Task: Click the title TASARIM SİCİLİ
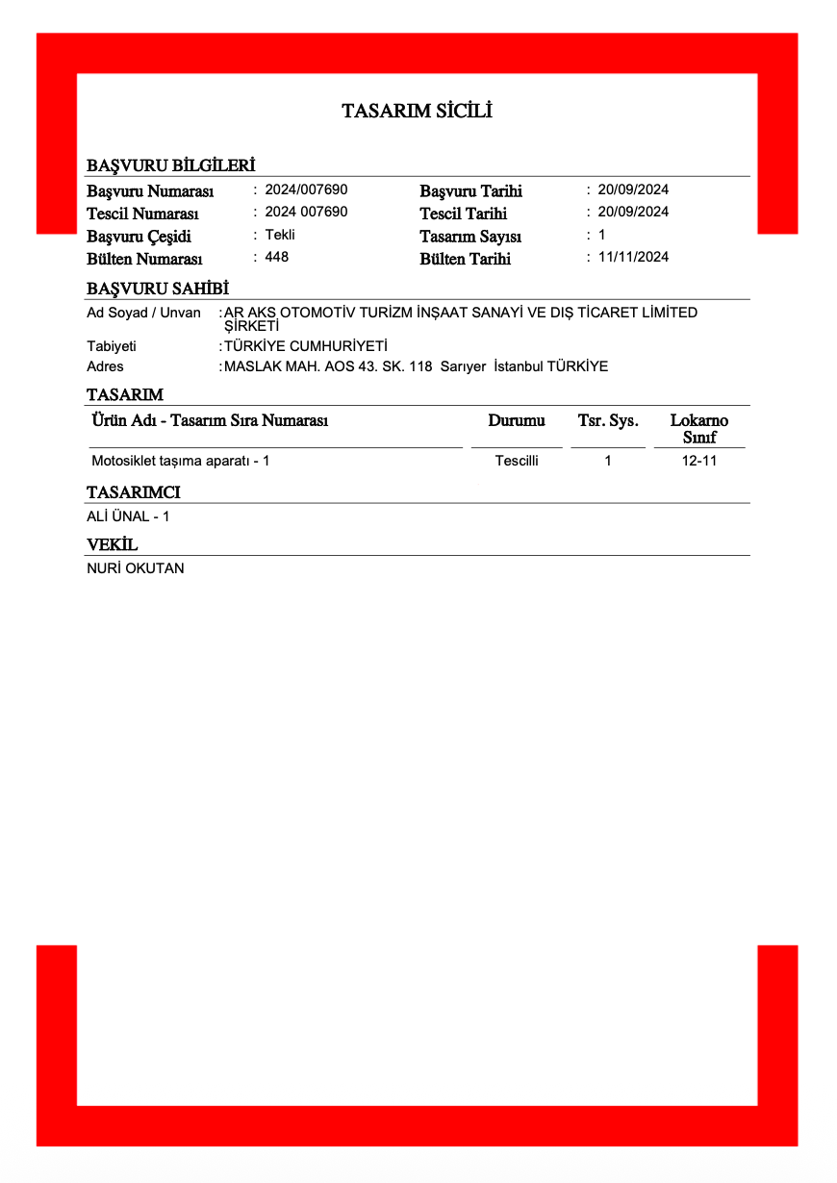(x=417, y=112)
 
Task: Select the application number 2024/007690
(x=306, y=189)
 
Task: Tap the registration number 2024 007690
(x=306, y=212)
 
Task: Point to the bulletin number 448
(x=277, y=257)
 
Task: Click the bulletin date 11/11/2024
(x=633, y=257)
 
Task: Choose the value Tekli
(x=280, y=235)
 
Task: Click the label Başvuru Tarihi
(x=470, y=191)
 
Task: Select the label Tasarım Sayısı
(x=470, y=237)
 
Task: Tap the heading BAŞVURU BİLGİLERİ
(x=170, y=165)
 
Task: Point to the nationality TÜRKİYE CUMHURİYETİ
(x=305, y=346)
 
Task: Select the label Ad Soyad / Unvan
(x=143, y=313)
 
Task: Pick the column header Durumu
(x=517, y=421)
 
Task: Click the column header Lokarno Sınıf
(x=699, y=429)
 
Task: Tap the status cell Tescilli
(x=517, y=461)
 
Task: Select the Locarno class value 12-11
(x=699, y=461)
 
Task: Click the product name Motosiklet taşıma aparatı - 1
(x=180, y=461)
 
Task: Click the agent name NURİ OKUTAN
(x=135, y=568)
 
